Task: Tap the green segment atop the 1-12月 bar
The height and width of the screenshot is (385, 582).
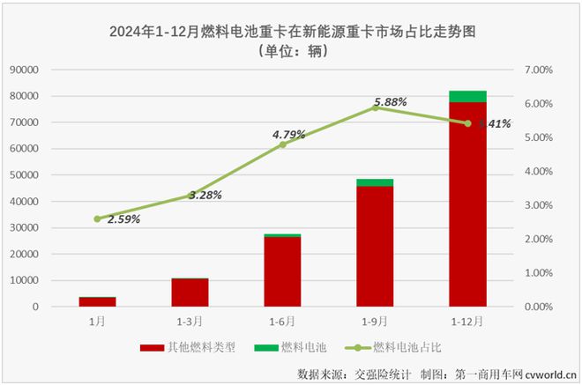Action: click(x=467, y=96)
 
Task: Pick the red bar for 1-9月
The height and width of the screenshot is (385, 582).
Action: click(x=375, y=247)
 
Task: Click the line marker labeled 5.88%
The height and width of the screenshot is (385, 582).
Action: click(x=375, y=107)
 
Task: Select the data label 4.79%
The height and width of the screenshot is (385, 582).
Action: click(x=288, y=135)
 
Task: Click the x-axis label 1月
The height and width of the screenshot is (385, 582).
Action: click(x=97, y=322)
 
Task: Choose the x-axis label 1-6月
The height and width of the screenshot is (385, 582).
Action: click(x=282, y=322)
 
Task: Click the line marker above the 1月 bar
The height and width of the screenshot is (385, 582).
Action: click(x=97, y=218)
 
